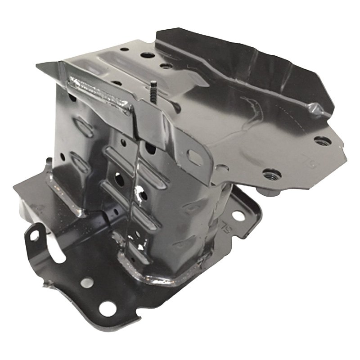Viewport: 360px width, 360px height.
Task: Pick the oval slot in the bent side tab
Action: click(195, 157)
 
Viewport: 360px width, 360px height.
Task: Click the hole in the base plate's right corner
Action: click(238, 216)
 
